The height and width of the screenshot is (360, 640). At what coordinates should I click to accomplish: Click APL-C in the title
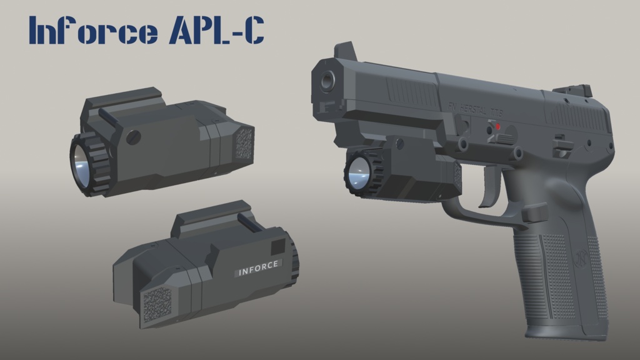(216, 31)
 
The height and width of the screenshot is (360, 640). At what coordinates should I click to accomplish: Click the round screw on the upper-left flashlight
(132, 137)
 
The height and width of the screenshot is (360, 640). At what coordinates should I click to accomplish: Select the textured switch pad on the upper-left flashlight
(244, 144)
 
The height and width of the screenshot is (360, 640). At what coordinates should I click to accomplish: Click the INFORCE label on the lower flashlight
(259, 267)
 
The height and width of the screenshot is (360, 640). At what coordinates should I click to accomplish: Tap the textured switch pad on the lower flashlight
(157, 306)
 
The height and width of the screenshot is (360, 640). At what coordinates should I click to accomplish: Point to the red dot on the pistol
(497, 127)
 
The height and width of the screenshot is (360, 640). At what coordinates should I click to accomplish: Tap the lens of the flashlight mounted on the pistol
(359, 172)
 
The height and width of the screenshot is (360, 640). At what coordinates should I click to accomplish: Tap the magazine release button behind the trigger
(534, 214)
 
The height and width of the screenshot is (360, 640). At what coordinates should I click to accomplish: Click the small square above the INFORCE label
(277, 247)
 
